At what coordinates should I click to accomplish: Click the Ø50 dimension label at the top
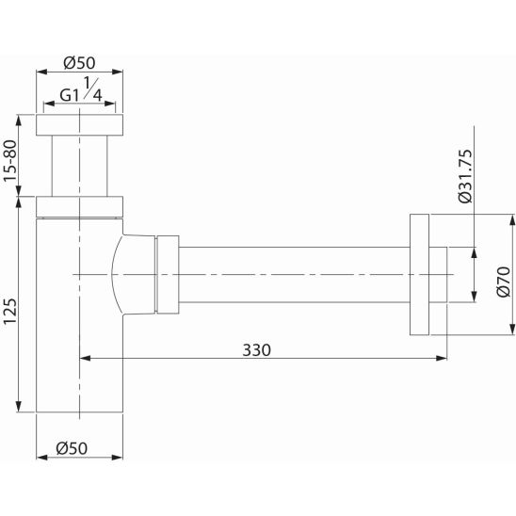(79, 63)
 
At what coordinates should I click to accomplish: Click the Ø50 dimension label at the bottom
(72, 448)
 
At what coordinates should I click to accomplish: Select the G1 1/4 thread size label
(81, 89)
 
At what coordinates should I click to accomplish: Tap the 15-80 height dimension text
(9, 161)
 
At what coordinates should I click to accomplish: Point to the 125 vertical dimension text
(9, 312)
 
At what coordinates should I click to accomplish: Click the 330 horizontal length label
(257, 350)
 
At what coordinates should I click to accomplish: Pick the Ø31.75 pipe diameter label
(465, 176)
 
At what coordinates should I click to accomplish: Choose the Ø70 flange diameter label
(504, 282)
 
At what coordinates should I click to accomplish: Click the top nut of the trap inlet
(79, 125)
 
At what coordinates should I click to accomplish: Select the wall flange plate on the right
(420, 275)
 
